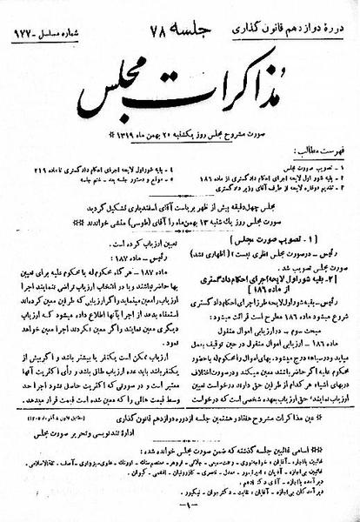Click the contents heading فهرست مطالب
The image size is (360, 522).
[329, 151]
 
